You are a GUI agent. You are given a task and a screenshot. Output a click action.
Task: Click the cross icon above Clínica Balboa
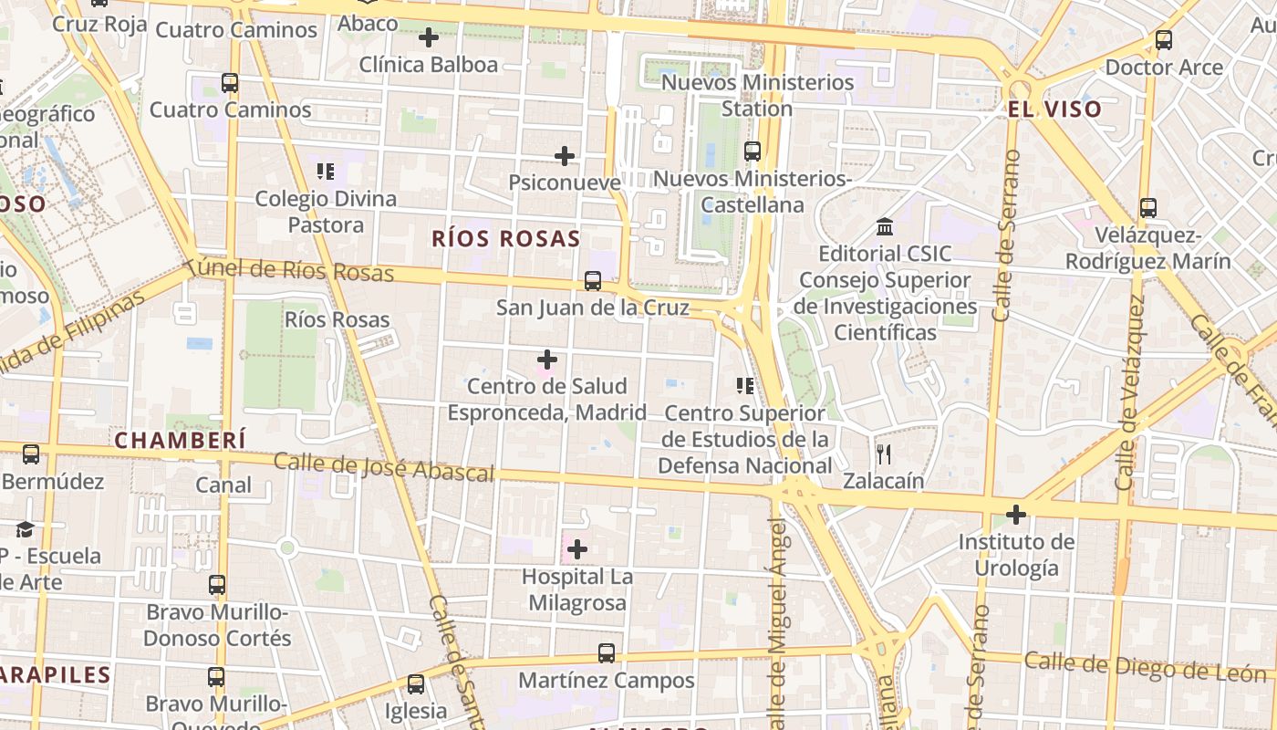[429, 37]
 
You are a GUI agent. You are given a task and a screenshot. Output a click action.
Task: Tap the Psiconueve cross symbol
[565, 156]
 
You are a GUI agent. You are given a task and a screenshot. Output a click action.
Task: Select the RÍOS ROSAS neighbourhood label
[505, 239]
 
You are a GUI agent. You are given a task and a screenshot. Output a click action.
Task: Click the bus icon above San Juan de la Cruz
[593, 281]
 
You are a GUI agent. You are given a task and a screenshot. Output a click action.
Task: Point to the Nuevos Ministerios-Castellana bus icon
[753, 151]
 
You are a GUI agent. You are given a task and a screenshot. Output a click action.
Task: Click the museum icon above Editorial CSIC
[884, 226]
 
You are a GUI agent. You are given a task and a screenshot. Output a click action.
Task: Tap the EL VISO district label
[1054, 109]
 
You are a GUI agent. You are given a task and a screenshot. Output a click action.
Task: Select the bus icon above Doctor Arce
[1163, 40]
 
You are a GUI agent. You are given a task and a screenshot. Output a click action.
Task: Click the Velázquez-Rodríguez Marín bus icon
[1147, 208]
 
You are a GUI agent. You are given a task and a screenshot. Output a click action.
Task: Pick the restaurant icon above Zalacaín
[883, 454]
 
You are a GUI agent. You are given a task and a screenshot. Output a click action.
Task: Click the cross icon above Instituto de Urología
[1016, 515]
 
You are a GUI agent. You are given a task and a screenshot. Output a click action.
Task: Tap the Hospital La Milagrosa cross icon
[577, 549]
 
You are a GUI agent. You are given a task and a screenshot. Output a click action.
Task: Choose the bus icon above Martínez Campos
[607, 653]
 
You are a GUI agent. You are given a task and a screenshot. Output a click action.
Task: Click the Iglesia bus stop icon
[416, 683]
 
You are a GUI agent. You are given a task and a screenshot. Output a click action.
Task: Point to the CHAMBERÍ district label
[180, 441]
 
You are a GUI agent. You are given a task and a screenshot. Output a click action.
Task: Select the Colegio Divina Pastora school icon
[326, 172]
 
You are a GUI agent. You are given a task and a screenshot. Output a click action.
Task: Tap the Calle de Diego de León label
[1145, 666]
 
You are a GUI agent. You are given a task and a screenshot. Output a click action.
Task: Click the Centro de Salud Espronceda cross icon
[547, 360]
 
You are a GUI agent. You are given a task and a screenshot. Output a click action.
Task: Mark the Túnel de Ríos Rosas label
[289, 270]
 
